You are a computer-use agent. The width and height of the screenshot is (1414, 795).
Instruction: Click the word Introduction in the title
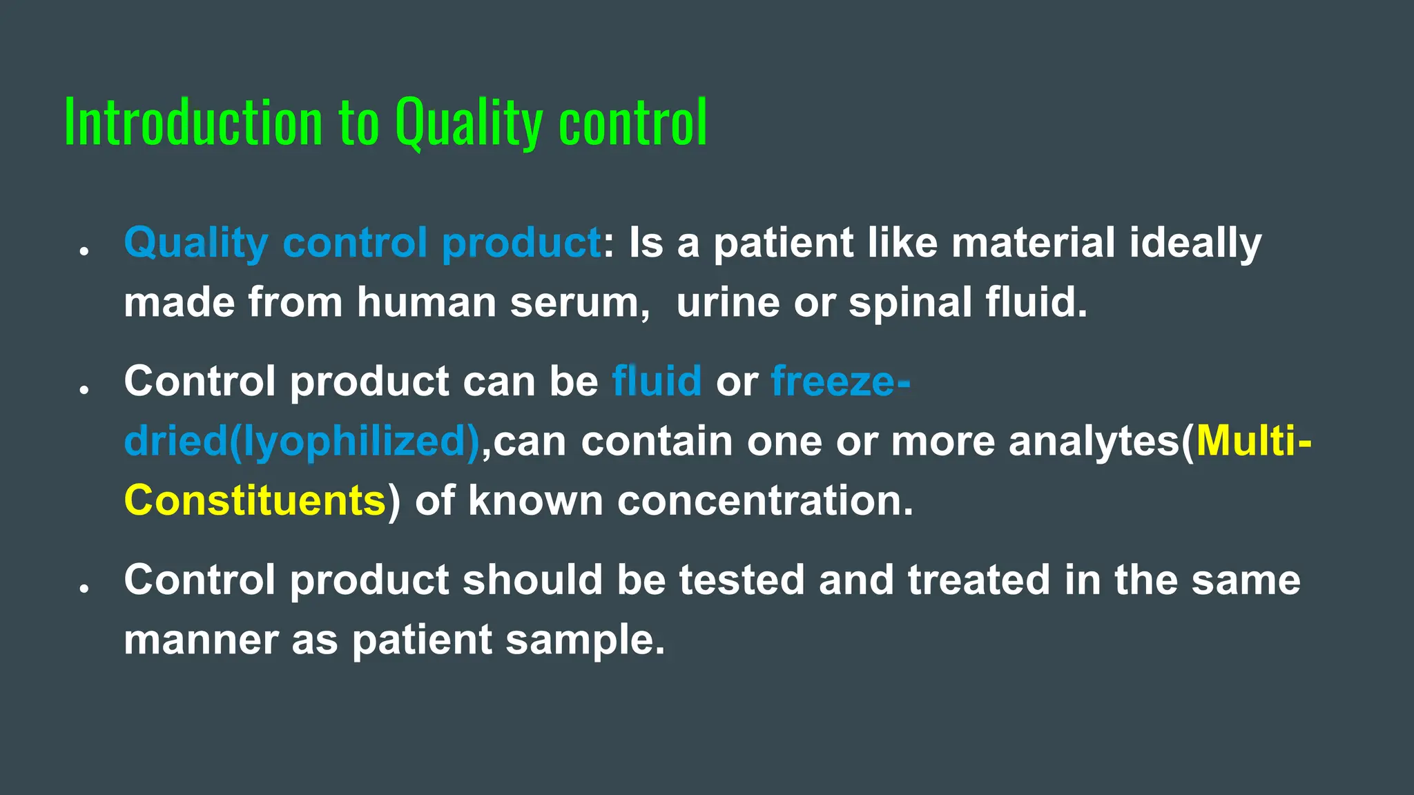193,122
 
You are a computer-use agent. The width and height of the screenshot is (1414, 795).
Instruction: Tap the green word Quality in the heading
469,122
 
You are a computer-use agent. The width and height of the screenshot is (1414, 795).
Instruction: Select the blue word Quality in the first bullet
195,244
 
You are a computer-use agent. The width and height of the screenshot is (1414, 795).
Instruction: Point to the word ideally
1195,244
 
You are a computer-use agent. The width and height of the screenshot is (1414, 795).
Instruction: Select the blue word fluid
657,381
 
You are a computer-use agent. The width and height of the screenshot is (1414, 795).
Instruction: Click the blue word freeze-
840,381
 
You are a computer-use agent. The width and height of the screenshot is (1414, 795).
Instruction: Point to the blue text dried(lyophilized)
302,442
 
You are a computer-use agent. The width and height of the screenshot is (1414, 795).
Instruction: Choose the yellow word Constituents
255,500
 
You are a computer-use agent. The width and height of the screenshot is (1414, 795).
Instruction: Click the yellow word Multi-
1254,441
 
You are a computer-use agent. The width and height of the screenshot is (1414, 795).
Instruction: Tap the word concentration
765,500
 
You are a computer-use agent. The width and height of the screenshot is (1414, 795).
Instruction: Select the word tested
742,580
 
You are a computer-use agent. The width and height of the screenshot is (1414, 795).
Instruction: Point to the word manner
200,640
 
